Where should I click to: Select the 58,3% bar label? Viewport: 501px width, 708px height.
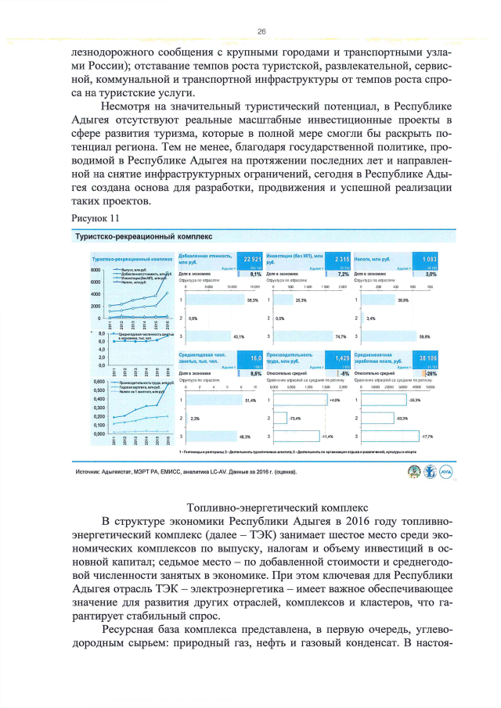(252, 300)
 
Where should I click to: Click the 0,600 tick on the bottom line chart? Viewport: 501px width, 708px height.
(98, 382)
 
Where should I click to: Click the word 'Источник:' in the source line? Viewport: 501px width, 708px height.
(88, 473)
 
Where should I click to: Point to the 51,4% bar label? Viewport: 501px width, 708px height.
(250, 401)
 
